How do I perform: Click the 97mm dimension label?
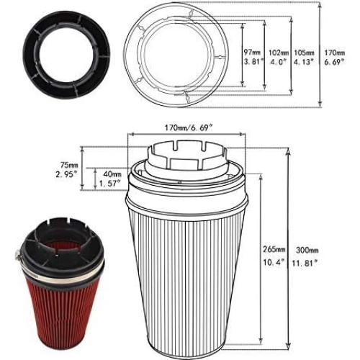[251, 53]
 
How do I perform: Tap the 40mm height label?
[113, 174]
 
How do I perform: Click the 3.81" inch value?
[251, 63]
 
